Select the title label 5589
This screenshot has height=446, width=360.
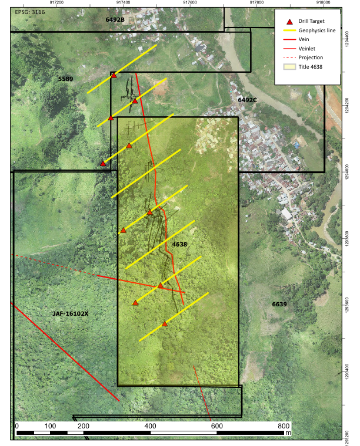(66, 79)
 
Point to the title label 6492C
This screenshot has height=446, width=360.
(248, 100)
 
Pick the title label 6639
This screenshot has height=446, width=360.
(279, 304)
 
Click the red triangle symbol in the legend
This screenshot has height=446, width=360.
(286, 21)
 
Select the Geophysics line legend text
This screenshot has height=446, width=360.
(319, 30)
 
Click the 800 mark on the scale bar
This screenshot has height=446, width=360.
(284, 425)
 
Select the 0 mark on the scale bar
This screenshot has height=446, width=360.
(17, 425)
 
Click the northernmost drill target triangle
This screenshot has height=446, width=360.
(114, 76)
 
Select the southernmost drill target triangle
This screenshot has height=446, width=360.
(165, 324)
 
